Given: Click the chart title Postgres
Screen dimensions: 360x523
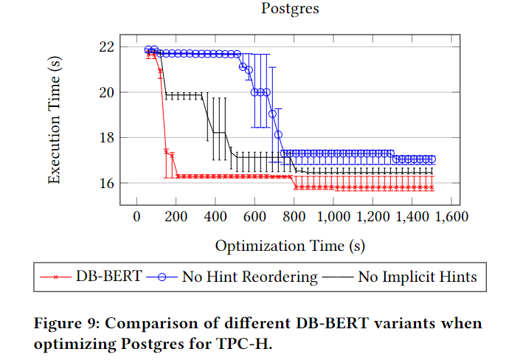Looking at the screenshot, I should [289, 10].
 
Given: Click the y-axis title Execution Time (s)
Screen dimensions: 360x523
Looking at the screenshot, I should [55, 120].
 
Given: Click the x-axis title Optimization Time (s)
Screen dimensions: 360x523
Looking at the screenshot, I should [290, 245].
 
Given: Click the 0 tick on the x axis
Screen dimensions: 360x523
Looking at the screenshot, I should [136, 217].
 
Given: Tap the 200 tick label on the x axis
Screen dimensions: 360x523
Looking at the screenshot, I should [176, 217].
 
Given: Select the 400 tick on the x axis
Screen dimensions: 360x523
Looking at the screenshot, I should [215, 217].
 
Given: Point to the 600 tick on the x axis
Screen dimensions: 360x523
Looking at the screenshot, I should [254, 217].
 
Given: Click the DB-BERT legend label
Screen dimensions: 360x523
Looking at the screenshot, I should [106, 277].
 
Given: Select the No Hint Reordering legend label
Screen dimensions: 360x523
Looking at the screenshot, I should [249, 277].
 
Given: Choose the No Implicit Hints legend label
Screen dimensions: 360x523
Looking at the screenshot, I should [418, 277].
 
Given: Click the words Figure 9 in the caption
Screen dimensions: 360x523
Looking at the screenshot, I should [63, 323].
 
